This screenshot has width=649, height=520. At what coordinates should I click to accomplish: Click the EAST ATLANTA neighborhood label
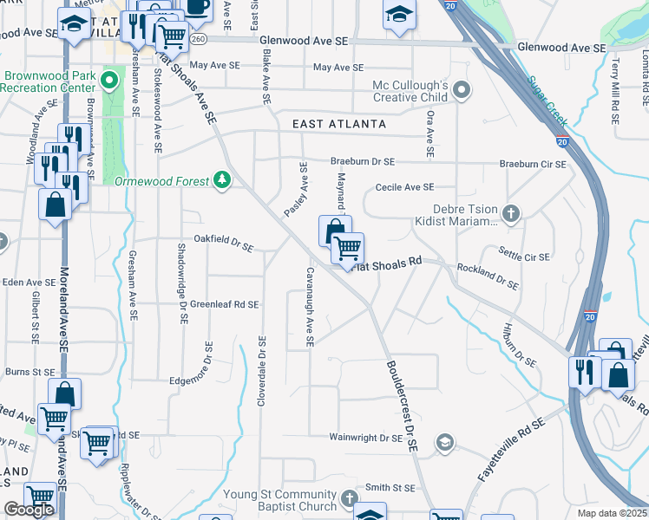[339, 124]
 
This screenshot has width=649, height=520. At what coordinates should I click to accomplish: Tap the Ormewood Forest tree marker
[223, 179]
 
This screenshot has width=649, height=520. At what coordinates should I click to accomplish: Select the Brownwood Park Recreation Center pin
[108, 82]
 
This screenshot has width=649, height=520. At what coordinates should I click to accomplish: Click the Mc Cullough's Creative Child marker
[462, 90]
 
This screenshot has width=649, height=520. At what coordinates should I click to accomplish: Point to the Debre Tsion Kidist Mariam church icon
[512, 212]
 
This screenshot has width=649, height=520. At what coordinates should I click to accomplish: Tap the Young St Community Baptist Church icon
[349, 498]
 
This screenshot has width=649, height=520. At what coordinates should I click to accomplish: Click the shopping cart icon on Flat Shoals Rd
[348, 249]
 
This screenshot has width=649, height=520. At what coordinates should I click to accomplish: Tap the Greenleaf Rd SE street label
[225, 304]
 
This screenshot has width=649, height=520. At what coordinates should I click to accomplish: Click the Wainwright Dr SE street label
[366, 439]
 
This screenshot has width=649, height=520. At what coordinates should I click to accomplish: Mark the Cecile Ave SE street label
[403, 187]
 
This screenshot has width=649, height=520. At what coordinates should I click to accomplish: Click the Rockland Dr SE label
[488, 277]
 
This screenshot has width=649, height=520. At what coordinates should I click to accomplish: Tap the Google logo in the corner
[29, 510]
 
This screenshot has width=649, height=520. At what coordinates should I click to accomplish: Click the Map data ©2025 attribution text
[612, 513]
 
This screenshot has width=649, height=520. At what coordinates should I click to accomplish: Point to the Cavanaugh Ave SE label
[308, 308]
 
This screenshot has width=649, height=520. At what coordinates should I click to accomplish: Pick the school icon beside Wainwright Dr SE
[444, 443]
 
